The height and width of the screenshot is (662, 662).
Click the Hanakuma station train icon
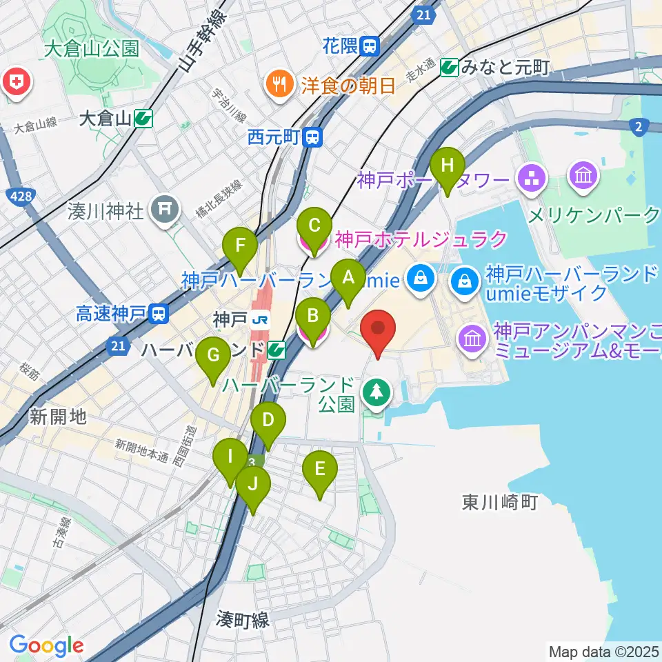370,46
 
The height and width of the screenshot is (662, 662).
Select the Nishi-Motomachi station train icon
314,137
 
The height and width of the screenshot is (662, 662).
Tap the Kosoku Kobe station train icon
159,314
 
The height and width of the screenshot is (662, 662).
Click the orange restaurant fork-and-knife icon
280,85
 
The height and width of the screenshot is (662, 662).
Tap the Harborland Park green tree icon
378,393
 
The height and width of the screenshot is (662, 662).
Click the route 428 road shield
21,197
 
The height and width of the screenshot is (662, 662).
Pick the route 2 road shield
639,126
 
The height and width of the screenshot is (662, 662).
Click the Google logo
46,645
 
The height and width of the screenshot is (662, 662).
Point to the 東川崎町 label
500,501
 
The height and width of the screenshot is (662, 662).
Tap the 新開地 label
58,416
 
